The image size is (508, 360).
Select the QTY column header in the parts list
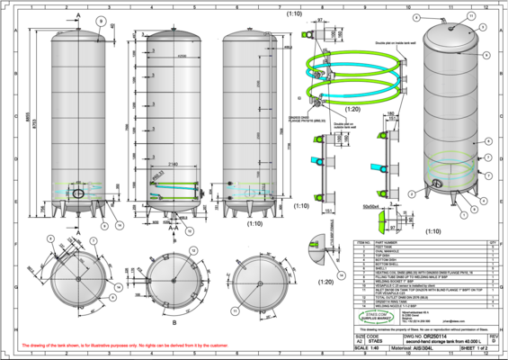[491, 242]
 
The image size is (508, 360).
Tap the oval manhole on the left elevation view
[78, 193]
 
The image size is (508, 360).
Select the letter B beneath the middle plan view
[174, 316]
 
